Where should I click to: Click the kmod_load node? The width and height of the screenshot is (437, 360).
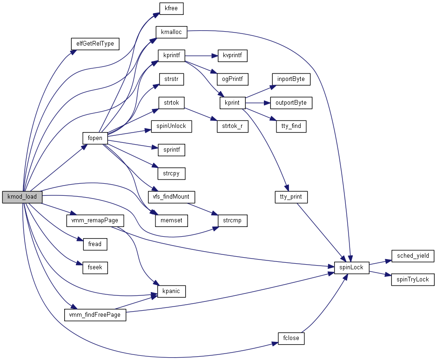coord(22,197)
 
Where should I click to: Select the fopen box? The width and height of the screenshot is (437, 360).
coord(95,138)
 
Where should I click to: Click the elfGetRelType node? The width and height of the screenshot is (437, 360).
coord(95,44)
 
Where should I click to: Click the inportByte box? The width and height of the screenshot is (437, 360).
coord(291,79)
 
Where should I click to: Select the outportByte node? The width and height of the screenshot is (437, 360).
coord(291,103)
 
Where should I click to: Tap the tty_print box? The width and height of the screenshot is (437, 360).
coord(291,197)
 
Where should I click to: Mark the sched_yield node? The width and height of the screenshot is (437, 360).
coord(413,256)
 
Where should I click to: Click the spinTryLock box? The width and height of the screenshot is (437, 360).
coord(412,280)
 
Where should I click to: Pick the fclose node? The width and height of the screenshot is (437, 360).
coord(291,338)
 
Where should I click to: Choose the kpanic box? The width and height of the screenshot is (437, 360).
coord(171,291)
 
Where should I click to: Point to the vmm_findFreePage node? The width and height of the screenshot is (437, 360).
coord(94,315)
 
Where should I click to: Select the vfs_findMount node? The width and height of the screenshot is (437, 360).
coord(171,197)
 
